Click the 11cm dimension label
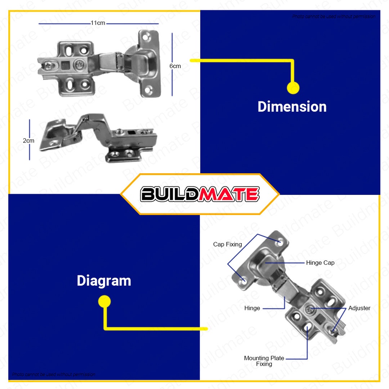[98, 23]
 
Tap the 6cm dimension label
[175, 66]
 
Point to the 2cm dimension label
[28, 141]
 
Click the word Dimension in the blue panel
[292, 107]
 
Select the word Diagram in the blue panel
[104, 281]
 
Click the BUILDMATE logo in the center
[200, 194]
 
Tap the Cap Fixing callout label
[227, 244]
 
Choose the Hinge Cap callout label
[320, 263]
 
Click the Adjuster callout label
[359, 308]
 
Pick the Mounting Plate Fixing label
[264, 361]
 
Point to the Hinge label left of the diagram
[252, 308]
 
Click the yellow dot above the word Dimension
[293, 88]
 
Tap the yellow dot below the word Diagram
[104, 302]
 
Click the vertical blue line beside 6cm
[172, 64]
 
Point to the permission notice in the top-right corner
[334, 17]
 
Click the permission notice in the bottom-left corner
[54, 375]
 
